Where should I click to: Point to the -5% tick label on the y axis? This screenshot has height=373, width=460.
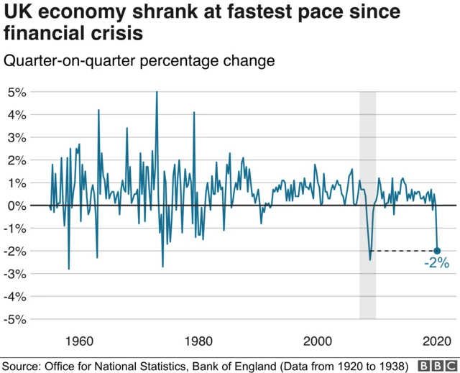click(16, 319)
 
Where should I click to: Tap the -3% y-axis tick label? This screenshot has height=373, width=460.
click(16, 274)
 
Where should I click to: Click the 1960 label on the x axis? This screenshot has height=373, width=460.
click(78, 340)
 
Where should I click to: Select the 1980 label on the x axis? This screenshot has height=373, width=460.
click(198, 340)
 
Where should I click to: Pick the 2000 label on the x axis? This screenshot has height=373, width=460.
click(318, 340)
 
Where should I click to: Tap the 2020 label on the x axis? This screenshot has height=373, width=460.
click(436, 340)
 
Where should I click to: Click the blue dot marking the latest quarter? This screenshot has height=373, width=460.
click(438, 251)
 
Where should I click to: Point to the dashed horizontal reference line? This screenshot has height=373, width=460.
click(402, 251)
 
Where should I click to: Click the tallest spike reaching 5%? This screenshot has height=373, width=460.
click(157, 93)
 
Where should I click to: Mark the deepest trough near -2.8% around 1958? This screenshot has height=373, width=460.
click(69, 268)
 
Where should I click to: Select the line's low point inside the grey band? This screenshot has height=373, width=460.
click(370, 259)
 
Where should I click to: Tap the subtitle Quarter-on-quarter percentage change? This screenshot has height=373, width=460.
click(139, 61)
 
